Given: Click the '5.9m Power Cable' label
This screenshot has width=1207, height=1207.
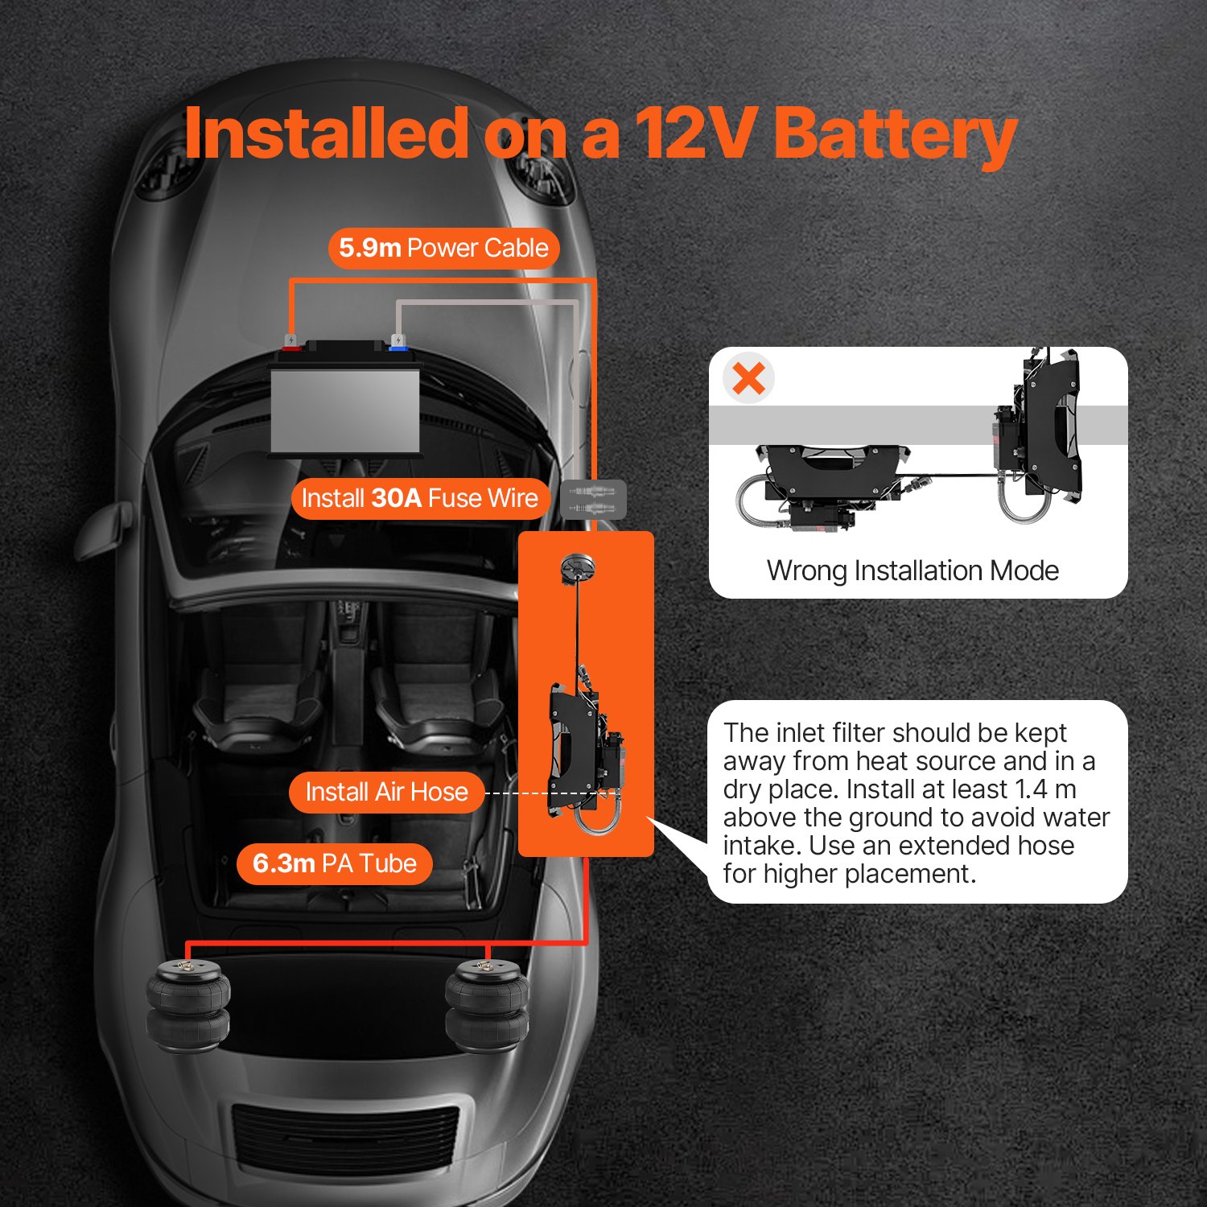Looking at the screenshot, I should point(443,248).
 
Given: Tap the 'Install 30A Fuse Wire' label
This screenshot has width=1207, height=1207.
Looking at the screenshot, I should point(419,498).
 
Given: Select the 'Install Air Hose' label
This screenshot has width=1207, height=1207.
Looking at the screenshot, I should point(386,792).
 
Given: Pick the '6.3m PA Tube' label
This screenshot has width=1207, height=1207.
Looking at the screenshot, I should point(335,863).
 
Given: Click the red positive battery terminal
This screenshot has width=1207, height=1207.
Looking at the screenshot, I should point(290,344).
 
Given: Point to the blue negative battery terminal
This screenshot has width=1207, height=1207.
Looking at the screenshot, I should point(397,344).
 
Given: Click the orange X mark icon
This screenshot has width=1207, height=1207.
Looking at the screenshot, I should point(749,378).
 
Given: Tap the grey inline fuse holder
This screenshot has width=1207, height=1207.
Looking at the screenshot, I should point(593,499).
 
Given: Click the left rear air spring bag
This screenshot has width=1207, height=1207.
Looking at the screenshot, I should point(188,1006).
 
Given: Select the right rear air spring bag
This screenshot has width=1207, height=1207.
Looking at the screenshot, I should point(487,1006).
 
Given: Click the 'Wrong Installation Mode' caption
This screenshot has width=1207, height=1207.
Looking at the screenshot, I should point(912,571).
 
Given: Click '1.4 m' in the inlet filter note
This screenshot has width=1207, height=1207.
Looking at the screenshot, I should point(1045,789).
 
